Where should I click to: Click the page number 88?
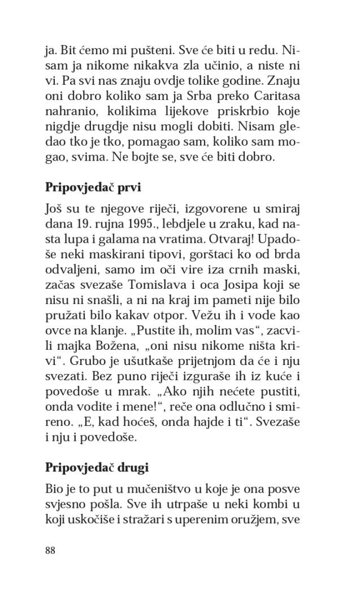click(50, 550)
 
